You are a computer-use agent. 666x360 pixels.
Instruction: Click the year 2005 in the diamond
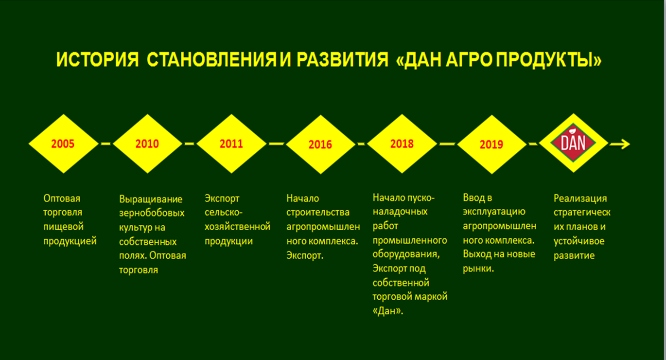[63, 144]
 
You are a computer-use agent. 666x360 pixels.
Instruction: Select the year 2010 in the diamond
[147, 144]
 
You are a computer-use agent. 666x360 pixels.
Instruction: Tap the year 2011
[231, 144]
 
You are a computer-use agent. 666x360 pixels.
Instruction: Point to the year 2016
[320, 144]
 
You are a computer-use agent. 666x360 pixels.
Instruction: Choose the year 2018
[402, 144]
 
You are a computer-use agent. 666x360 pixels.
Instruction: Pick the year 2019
[491, 144]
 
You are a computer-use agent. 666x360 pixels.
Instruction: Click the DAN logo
[573, 143]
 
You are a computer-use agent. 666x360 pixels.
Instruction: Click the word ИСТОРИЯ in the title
[98, 59]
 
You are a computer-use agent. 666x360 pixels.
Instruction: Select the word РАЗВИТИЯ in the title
[342, 59]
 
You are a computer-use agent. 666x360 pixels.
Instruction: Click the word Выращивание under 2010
[151, 199]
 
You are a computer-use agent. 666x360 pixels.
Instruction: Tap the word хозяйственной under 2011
[238, 227]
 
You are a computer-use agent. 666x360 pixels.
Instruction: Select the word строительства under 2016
[318, 213]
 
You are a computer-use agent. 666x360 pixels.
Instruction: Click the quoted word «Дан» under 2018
[388, 311]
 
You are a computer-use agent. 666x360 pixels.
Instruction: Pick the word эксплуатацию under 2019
[494, 212]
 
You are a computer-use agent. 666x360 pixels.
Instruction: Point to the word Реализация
[580, 198]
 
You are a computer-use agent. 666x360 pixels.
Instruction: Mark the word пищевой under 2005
[63, 227]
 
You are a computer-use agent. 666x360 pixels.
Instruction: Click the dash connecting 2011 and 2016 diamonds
[276, 144]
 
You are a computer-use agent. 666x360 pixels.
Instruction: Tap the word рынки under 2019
[477, 269]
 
